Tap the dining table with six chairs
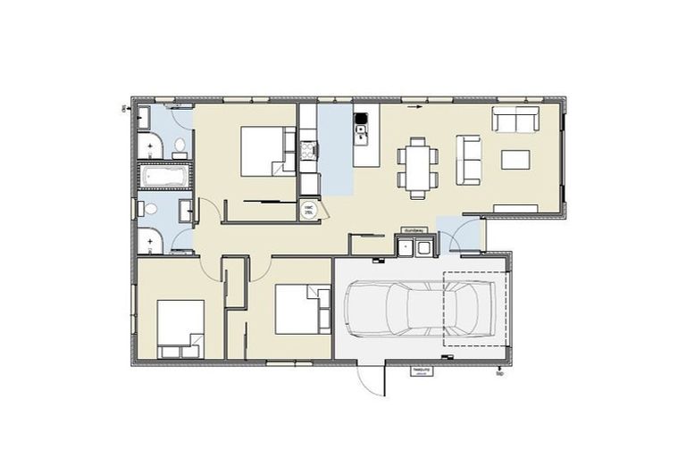pos(418,166)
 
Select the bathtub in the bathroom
pos(165,177)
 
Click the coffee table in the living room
pos(515,160)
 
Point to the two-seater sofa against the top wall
pos(515,119)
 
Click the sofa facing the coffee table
pos(468,159)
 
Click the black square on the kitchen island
pos(361,119)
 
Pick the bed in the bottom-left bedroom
pos(180,328)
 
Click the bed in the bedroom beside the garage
pos(302,308)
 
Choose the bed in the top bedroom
pos(268,151)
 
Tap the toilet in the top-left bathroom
pos(179,145)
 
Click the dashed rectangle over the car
pos(475,308)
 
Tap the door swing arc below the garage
pos(370,379)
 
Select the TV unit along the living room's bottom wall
pos(515,208)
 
